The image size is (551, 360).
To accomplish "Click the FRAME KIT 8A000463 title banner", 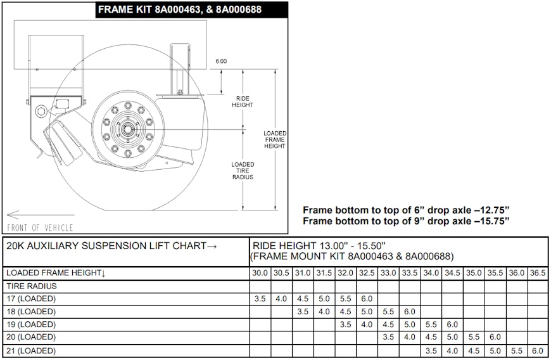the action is [191, 10].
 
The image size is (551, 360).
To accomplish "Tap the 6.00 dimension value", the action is [221, 61].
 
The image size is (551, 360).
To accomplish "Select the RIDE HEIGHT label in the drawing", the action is [243, 101].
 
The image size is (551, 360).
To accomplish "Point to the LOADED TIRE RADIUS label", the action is [243, 170].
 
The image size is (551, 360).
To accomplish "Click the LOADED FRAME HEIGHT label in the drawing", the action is [275, 139].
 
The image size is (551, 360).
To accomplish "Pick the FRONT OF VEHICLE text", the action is [40, 228].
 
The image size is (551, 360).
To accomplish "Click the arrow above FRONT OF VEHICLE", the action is [41, 214].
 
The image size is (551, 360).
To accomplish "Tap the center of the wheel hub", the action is [127, 130].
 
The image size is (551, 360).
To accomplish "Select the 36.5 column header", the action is [538, 273].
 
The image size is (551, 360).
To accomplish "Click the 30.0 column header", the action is [260, 273].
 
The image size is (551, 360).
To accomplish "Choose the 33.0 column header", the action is [388, 273].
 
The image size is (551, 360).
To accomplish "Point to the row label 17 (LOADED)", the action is [31, 299].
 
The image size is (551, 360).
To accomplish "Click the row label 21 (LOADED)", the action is [31, 351].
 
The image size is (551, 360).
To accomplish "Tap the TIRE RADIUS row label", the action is [31, 286].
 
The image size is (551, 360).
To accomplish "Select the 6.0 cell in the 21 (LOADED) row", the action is [538, 351].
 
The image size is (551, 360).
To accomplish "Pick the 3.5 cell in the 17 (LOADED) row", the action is [260, 299].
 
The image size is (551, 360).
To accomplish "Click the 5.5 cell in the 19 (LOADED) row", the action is [431, 325].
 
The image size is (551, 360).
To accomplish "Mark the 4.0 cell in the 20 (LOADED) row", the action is [409, 337].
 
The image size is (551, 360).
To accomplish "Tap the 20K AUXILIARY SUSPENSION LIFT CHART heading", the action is [111, 246].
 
